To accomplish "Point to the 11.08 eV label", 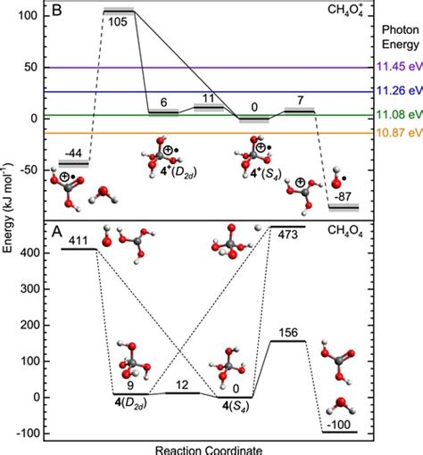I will tap(397, 114).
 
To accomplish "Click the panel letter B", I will tap(54, 12).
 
